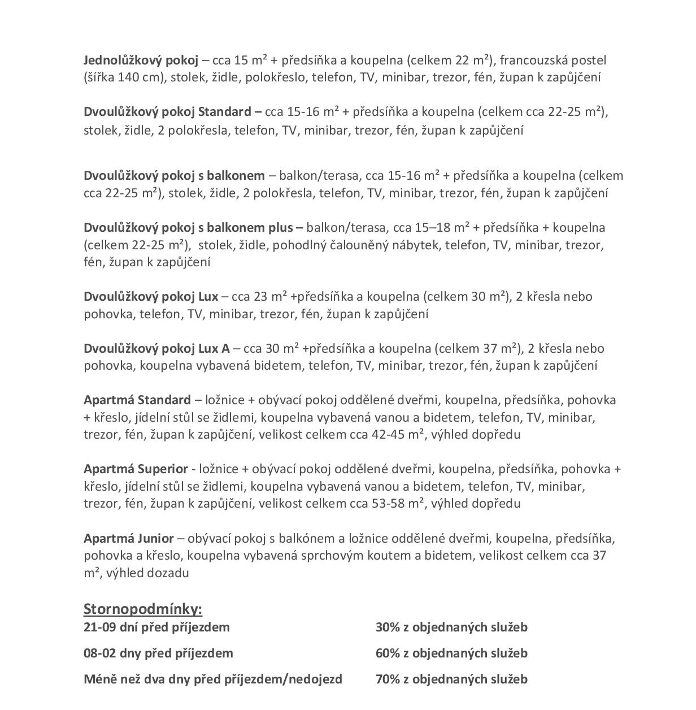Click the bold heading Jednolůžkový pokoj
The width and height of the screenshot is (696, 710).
141,60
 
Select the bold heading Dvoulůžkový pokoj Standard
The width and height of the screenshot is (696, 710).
167,111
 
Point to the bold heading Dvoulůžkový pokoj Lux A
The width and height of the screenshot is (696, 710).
156,348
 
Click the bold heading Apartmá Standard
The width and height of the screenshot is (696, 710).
137,400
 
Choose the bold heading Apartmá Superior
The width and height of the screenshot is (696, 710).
136,469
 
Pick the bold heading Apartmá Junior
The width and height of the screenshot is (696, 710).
128,538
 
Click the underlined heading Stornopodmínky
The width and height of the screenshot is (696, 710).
142,609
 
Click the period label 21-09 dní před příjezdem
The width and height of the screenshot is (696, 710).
156,627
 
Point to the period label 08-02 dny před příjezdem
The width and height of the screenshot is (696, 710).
158,653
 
